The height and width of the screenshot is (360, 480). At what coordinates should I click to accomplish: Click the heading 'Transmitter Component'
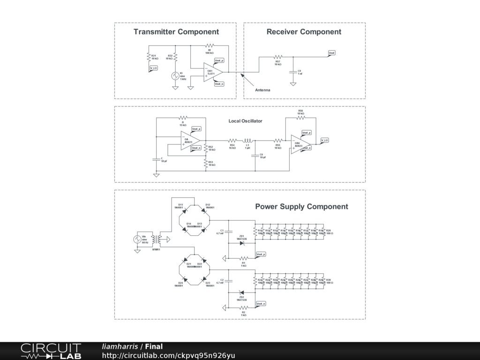coord(176,32)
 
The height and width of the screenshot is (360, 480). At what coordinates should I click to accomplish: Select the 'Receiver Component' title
coord(304,32)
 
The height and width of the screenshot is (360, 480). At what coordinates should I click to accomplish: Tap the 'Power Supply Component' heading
coord(301,207)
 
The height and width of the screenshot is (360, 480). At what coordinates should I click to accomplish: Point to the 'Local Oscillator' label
coord(245,121)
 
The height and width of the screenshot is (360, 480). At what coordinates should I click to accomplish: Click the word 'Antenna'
coord(262,90)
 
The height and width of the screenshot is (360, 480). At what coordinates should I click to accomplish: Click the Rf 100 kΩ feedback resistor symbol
coord(210,46)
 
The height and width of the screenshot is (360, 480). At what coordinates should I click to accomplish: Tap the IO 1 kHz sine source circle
coord(176,75)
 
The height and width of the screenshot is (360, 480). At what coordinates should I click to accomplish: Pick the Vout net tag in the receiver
coord(332,52)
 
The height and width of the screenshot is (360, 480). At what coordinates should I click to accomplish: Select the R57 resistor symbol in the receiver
coord(277,57)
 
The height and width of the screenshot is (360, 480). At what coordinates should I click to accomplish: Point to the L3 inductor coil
coord(247,140)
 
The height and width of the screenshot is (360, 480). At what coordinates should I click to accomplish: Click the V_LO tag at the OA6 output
coord(324,140)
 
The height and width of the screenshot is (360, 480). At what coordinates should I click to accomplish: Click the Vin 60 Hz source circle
coord(138,239)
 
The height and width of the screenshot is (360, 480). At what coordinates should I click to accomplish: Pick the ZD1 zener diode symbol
coord(242,243)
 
